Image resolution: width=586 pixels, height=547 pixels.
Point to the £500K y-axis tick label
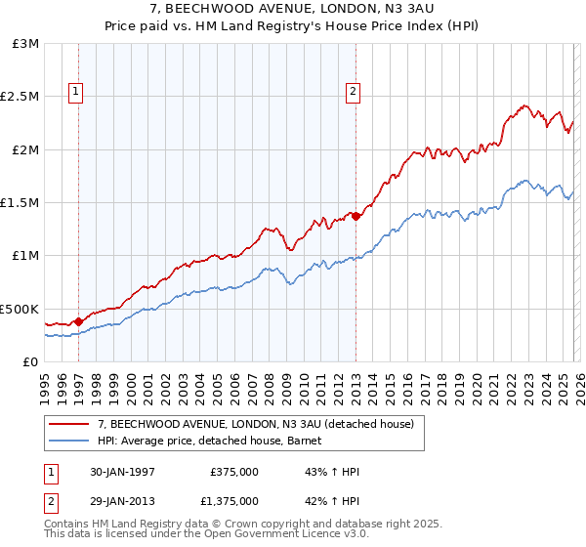click(x=20, y=309)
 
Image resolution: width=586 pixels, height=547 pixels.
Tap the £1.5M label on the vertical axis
click(x=21, y=203)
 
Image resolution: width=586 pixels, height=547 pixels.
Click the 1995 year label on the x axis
click(x=45, y=381)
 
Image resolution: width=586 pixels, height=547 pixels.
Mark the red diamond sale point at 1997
click(x=79, y=319)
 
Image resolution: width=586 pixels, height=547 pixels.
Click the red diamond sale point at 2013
click(x=356, y=216)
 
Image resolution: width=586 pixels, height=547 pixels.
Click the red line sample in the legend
click(x=70, y=424)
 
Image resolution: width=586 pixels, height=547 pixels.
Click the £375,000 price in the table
click(x=233, y=472)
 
